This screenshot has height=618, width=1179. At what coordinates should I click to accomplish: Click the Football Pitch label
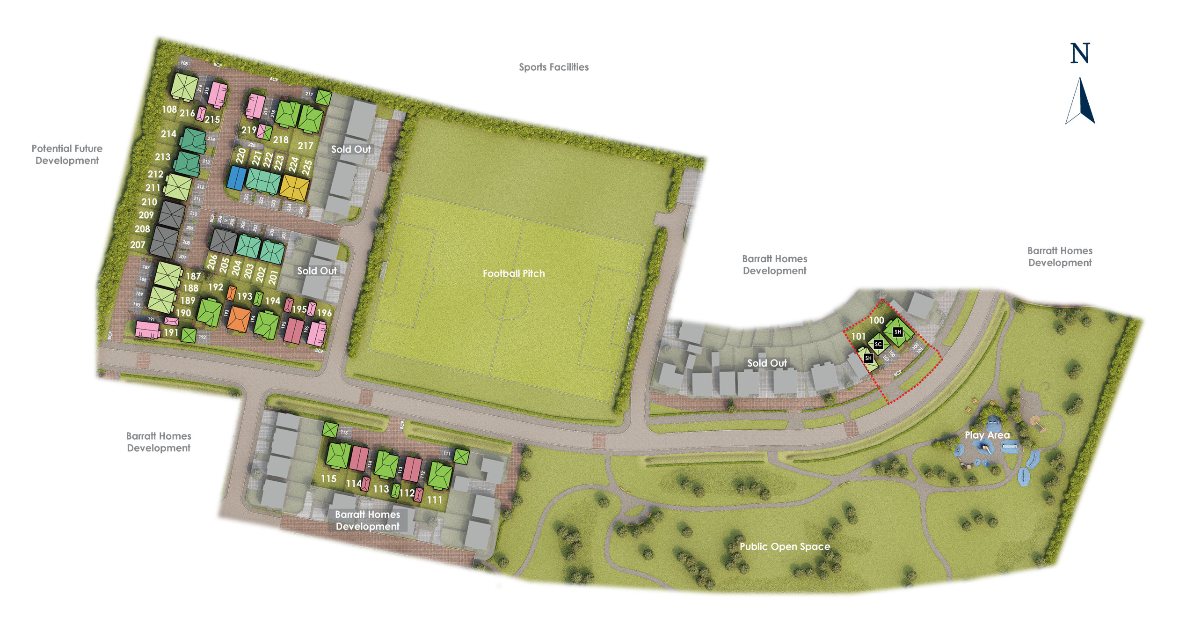pyautogui.click(x=514, y=273)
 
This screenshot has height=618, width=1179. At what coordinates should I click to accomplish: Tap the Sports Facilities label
pyautogui.click(x=553, y=67)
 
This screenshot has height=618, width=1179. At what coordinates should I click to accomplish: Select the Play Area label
pyautogui.click(x=987, y=435)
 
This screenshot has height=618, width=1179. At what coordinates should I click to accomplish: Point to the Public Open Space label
pyautogui.click(x=785, y=547)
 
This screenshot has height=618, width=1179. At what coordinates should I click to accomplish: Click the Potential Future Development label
pyautogui.click(x=67, y=154)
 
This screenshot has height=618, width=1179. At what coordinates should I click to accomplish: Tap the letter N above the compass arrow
pyautogui.click(x=1080, y=53)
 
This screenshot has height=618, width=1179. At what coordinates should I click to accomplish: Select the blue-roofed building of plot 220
pyautogui.click(x=237, y=178)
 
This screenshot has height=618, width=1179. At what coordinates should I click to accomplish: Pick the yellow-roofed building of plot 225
pyautogui.click(x=294, y=186)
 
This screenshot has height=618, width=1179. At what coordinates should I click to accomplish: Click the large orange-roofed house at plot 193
pyautogui.click(x=239, y=319)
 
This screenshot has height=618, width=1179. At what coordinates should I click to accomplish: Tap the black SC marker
pyautogui.click(x=878, y=345)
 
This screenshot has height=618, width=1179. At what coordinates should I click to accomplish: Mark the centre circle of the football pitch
pyautogui.click(x=507, y=297)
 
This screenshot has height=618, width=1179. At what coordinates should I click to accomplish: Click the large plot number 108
pyautogui.click(x=169, y=110)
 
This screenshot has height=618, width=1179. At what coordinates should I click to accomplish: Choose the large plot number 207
pyautogui.click(x=138, y=245)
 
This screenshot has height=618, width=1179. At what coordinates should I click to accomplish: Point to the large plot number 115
pyautogui.click(x=328, y=479)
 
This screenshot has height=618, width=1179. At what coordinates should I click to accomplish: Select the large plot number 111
pyautogui.click(x=435, y=500)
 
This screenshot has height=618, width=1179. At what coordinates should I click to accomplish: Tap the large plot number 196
pyautogui.click(x=324, y=313)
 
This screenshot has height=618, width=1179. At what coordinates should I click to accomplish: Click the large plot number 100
pyautogui.click(x=876, y=321)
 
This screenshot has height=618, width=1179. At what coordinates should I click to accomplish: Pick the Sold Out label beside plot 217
pyautogui.click(x=351, y=149)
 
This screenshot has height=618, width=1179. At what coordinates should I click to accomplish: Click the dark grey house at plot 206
pyautogui.click(x=223, y=241)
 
